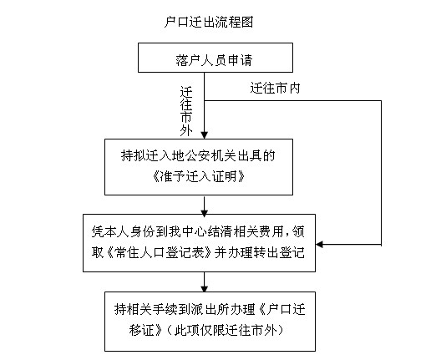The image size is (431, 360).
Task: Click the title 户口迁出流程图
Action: (209, 22)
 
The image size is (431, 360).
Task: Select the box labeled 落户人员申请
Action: (215, 58)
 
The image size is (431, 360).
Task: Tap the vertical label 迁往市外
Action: (186, 111)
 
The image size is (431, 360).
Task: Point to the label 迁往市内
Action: (275, 88)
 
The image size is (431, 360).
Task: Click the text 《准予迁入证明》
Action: (199, 176)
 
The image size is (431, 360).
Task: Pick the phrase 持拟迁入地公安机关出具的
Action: (198, 155)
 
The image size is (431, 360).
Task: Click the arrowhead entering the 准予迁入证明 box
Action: (205, 134)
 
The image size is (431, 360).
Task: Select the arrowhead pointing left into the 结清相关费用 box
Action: (320, 245)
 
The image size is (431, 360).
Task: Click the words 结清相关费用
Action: (246, 231)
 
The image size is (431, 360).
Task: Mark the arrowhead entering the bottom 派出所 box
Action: (205, 288)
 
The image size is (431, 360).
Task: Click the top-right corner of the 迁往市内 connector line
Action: (381, 100)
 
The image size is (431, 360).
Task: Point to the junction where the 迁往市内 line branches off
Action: (205, 100)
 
